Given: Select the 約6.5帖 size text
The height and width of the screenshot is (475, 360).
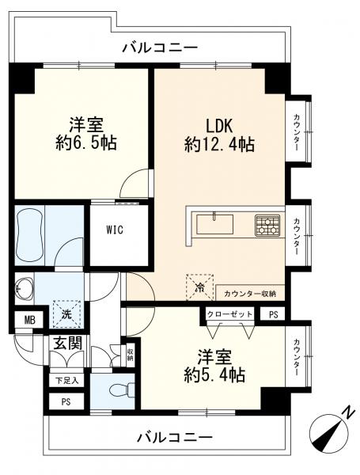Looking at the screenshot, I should point(88,145).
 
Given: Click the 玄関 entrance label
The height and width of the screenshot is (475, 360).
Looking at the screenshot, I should point(66,344).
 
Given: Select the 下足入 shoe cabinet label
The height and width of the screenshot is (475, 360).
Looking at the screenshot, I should point(67,380).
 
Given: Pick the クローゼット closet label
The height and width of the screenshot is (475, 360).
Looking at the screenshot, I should point(230,314).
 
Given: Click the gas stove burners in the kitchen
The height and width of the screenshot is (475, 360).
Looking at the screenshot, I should point(266,225).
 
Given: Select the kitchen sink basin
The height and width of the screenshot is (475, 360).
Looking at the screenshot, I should point(215,224).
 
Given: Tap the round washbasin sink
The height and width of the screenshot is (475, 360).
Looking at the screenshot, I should point(26,290).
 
